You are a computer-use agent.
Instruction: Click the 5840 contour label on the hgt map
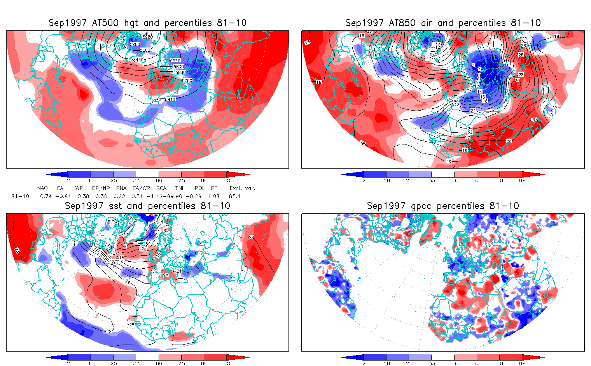170,99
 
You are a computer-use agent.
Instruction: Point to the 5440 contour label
138,60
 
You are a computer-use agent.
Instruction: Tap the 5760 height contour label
187,81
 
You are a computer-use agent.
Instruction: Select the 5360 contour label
145,50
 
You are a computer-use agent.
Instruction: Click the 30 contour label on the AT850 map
517,81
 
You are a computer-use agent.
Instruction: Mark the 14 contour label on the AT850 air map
479,91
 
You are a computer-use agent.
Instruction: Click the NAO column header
42,188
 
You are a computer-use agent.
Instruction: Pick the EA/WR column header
141,188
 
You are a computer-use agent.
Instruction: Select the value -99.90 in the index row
172,196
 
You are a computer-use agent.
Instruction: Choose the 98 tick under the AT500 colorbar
227,180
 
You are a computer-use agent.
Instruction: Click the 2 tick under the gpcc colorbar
364,363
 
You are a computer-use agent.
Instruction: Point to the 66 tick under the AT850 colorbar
455,180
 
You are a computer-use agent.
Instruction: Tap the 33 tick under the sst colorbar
136,363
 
